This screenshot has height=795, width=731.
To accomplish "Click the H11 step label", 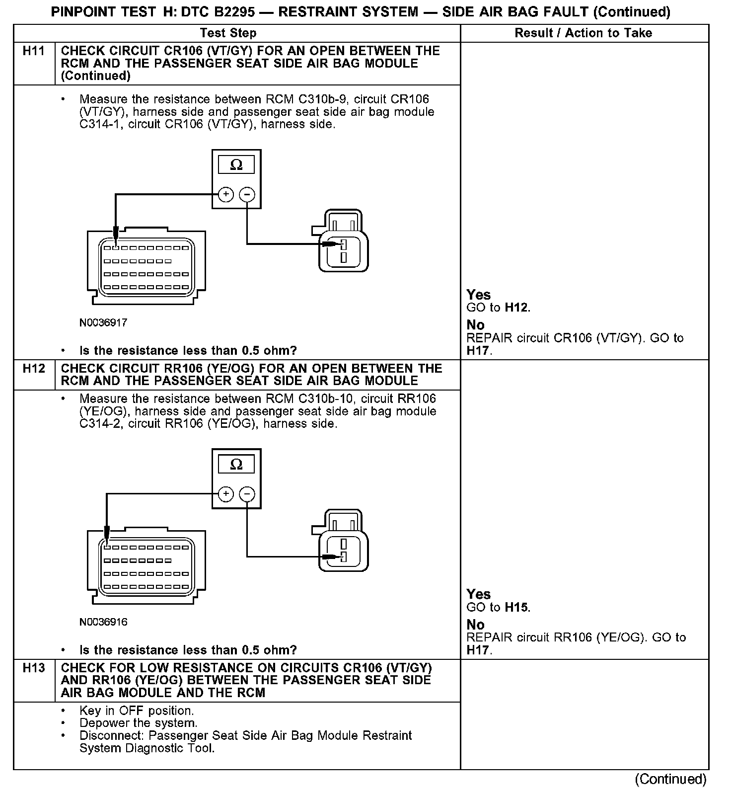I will coord(34,51).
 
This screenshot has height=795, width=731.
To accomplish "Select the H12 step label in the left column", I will coord(34,369).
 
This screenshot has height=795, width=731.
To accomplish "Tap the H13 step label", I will coord(34,668).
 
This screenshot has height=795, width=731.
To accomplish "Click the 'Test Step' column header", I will coord(228,33).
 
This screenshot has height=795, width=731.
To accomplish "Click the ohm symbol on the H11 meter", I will coord(236,165).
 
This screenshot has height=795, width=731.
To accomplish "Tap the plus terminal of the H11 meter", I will coord(226,194).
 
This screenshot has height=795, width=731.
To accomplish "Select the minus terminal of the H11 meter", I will coord(247,194).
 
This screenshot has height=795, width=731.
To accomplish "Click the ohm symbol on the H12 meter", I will coord(236,465).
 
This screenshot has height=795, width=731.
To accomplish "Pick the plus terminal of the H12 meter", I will coord(226,494).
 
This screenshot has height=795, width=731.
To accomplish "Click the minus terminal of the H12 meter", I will coord(247,494).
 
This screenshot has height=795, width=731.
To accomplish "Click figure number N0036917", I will coord(103,323).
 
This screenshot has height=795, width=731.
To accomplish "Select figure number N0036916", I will coord(103,622).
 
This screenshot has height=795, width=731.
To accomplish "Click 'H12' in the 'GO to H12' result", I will coord(516,308).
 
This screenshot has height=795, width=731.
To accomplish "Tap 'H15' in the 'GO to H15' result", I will coord(516,607).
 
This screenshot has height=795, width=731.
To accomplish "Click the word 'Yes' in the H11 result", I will coord(478,295).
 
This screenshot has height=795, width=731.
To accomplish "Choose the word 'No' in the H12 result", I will coord(475,625).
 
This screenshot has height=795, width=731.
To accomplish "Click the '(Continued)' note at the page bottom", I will coord(670,779).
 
